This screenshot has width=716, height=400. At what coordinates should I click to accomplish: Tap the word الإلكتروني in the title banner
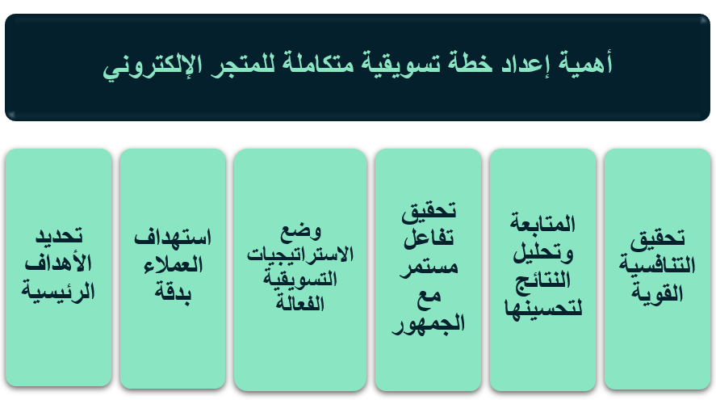pos(152,65)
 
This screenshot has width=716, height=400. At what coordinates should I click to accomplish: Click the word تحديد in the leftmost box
pos(59,236)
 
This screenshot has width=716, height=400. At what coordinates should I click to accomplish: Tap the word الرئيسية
pos(58,291)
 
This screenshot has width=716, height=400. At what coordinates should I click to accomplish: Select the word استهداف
pos(173,238)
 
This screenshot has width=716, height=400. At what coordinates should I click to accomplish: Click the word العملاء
pos(173,265)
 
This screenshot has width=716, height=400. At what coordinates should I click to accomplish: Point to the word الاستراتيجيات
pos(300,255)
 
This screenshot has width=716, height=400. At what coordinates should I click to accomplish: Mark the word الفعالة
pos(300,303)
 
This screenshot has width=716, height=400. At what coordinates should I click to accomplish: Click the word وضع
pos(301,231)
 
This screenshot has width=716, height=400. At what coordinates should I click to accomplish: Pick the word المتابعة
pos(542,223)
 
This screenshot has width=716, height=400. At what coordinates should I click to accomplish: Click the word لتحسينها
pos(543,307)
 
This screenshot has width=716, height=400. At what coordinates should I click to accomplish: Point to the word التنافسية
pos(657,265)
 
